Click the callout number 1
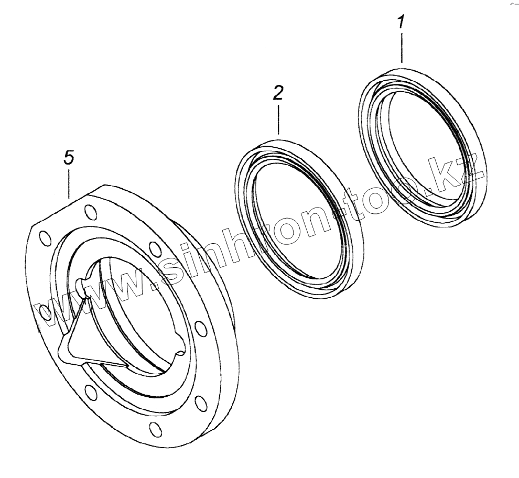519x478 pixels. pos(401,23)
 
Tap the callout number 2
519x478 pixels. pos(278,93)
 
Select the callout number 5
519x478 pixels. pos(69,158)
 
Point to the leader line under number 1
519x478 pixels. pos(402,48)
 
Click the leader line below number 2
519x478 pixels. pos(278,120)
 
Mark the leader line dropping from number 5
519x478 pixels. pos(69,183)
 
